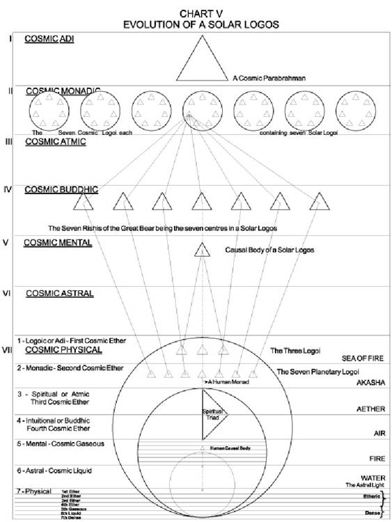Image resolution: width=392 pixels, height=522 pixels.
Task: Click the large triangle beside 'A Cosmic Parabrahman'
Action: pos(201,61)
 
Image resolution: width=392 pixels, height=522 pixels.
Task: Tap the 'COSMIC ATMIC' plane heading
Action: pos(55,141)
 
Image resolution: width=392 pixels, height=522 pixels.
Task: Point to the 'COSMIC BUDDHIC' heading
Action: pos(61,189)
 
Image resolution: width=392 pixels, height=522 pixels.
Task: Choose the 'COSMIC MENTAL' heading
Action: pos(58,243)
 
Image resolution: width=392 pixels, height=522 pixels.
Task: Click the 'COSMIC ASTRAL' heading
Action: pos(59,293)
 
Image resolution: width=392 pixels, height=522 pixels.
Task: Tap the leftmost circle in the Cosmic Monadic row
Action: pos(50,110)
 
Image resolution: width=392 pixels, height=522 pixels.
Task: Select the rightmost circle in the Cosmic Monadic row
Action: pos(356,110)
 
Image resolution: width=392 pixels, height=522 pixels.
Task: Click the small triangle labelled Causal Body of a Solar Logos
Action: pos(201,250)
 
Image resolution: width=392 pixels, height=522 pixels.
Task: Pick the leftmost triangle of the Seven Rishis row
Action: pos(84,202)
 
